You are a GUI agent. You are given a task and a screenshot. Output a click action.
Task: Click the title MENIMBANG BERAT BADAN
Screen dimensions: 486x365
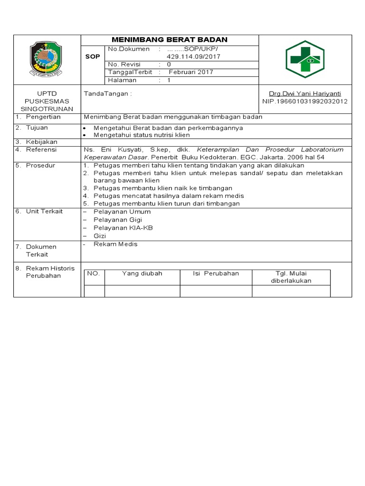pyautogui.click(x=170, y=40)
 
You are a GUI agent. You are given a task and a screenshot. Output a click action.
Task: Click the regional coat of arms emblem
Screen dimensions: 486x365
pyautogui.click(x=46, y=59)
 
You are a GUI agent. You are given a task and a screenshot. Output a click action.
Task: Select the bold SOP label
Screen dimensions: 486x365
pyautogui.click(x=92, y=56)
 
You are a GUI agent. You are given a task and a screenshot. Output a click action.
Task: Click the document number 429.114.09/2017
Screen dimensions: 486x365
pyautogui.click(x=190, y=56)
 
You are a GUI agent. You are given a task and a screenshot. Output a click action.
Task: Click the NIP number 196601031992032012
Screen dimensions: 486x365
pyautogui.click(x=305, y=102)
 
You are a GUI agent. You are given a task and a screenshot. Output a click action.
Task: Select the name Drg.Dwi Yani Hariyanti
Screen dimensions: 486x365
pyautogui.click(x=305, y=94)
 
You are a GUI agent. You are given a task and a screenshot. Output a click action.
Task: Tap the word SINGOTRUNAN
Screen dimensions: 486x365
pyautogui.click(x=47, y=109)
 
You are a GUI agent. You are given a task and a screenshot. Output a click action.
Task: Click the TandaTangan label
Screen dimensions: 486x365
pyautogui.click(x=107, y=94)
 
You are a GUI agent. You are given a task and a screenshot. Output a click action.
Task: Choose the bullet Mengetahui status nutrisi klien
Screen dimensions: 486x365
pyautogui.click(x=142, y=135)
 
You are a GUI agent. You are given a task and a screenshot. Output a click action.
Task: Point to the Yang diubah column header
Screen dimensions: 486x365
pyautogui.click(x=142, y=273)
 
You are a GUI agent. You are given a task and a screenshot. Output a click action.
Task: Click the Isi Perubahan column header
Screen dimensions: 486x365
pyautogui.click(x=215, y=273)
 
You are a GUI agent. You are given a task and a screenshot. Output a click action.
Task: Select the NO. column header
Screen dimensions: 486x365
pyautogui.click(x=93, y=273)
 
